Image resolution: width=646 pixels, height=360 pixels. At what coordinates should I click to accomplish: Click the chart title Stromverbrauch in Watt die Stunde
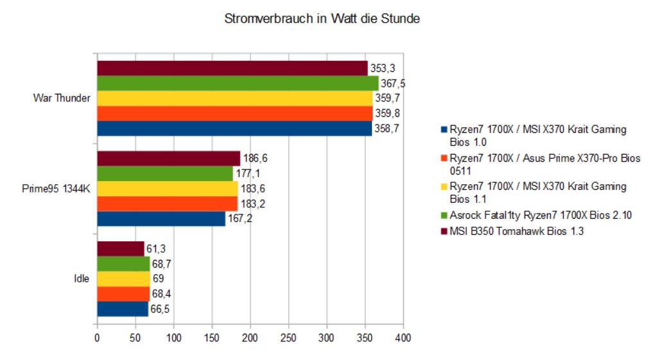point(322,19)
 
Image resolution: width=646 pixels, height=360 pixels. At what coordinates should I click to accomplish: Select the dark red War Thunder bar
point(232,68)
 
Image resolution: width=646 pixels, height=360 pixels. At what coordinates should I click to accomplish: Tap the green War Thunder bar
point(237,83)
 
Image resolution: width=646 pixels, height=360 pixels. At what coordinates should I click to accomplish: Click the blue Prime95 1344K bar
point(161,219)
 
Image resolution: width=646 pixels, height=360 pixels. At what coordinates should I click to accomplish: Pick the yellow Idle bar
point(123,279)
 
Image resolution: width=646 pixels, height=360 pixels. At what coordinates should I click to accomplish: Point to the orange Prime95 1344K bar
point(167,204)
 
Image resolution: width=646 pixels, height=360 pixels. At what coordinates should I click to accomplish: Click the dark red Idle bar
point(120,248)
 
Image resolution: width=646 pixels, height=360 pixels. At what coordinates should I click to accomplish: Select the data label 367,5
point(393,83)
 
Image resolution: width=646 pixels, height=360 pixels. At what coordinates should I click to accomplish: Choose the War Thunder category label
point(62,99)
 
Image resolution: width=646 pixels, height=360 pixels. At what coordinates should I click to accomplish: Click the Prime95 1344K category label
point(55,189)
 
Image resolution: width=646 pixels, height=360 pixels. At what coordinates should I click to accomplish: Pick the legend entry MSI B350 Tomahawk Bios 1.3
point(502,231)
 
